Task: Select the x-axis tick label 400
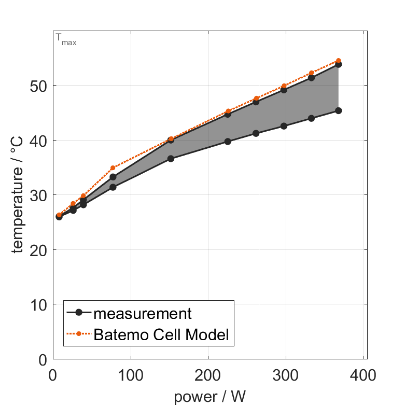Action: tap(363, 375)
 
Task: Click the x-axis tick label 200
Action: tap(208, 375)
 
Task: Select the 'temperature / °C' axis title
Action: tap(18, 194)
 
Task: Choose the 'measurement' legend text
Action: tap(143, 313)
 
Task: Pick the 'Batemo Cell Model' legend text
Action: tap(161, 334)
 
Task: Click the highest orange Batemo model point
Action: tap(338, 61)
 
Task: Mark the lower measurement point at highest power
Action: tap(338, 110)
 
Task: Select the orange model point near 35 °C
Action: tap(113, 168)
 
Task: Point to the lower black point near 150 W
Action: tap(171, 159)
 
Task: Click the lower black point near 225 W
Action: tap(228, 141)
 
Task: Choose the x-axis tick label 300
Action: tap(286, 375)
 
